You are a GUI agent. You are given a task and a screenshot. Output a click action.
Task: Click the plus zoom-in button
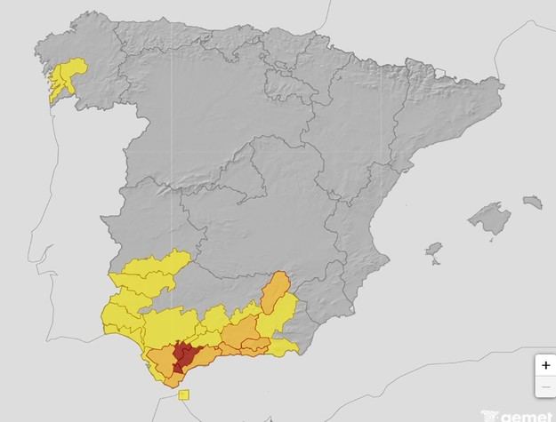coord(544,366)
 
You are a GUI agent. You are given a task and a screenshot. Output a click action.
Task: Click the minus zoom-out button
coord(544,386)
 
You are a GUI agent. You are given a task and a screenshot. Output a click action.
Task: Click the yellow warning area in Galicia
coord(67,76)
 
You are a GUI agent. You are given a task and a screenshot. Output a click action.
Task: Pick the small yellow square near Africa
coord(183,394)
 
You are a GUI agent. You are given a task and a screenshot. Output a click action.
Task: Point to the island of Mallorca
coord(489,218)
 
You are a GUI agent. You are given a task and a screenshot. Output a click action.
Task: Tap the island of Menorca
coord(532,203)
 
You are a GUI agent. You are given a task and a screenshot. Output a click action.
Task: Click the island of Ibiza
coord(434,251)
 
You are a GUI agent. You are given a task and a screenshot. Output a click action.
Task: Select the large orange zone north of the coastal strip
coord(240,333)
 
